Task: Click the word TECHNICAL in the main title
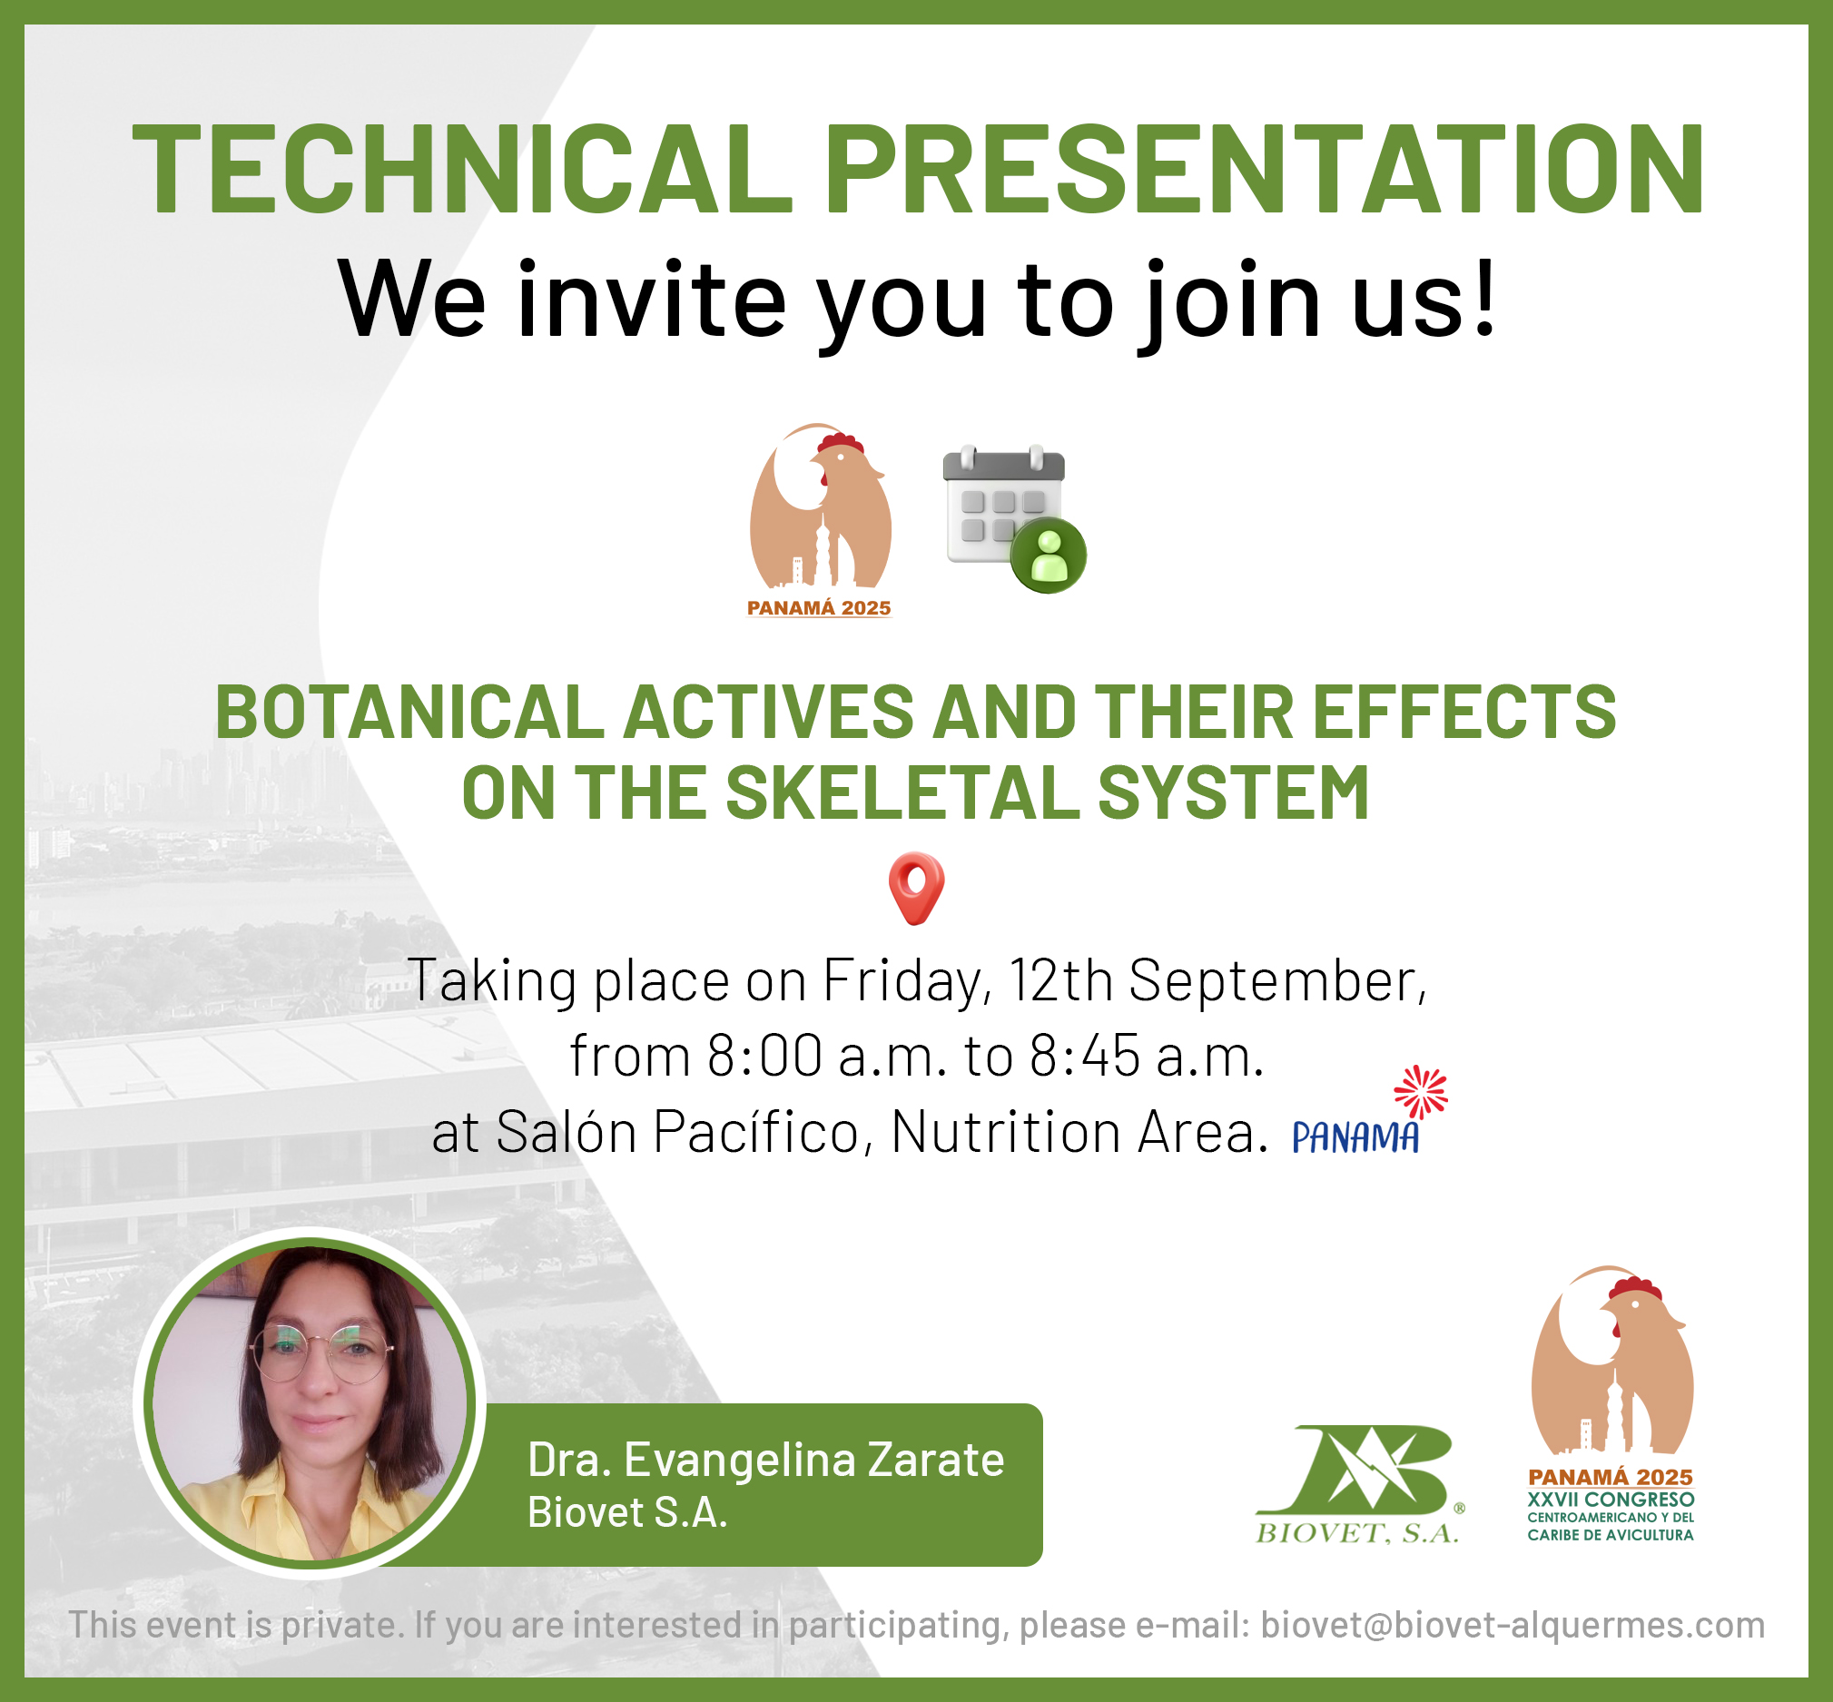coord(463,170)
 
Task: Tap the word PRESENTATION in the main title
coord(1265,170)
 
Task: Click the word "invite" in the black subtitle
coord(651,299)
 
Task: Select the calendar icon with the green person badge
coord(1014,518)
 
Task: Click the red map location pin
coord(917,887)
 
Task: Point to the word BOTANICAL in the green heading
coord(409,712)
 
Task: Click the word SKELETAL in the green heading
coord(902,793)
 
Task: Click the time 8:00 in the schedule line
coord(764,1056)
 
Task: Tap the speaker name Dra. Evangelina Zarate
coord(765,1460)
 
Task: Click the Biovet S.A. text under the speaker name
coord(627,1512)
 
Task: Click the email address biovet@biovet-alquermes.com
coord(1513,1625)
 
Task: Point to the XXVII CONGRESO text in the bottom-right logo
coord(1611,1500)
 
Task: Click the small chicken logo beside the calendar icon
coord(820,520)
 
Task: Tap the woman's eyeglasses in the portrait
coord(322,1353)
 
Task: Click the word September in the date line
coord(1277,981)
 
